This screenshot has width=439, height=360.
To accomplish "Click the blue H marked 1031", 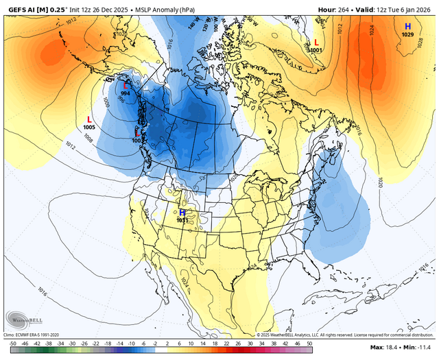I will (182, 213).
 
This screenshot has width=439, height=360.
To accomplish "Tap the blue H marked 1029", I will (407, 26).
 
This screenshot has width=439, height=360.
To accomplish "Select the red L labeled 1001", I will (316, 42).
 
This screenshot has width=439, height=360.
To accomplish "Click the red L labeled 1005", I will (89, 119).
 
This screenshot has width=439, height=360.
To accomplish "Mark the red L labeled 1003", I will (137, 132).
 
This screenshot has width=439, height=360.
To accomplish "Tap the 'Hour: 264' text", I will (335, 8).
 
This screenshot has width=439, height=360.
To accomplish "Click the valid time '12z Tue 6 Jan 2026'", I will (399, 8).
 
